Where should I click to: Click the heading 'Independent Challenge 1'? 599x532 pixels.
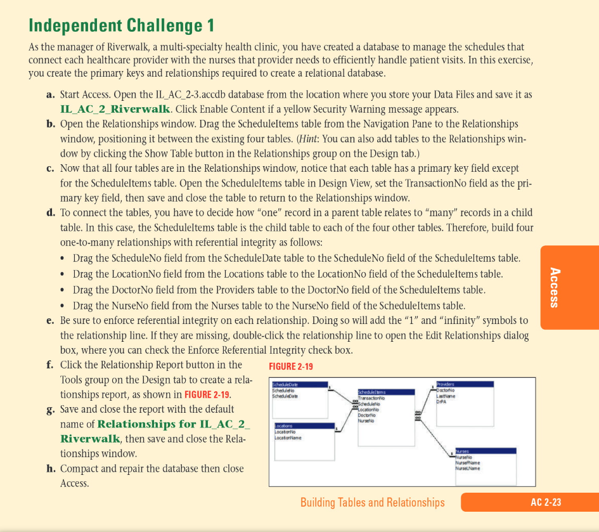click(x=121, y=25)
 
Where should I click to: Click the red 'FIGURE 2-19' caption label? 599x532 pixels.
click(x=290, y=367)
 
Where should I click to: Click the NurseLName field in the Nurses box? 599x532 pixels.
click(x=466, y=468)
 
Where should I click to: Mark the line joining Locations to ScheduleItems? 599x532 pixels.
click(x=346, y=418)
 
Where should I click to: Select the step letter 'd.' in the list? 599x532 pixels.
click(x=52, y=212)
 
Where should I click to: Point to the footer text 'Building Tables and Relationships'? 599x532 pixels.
click(x=372, y=502)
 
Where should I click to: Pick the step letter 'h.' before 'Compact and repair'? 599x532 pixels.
click(x=52, y=469)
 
